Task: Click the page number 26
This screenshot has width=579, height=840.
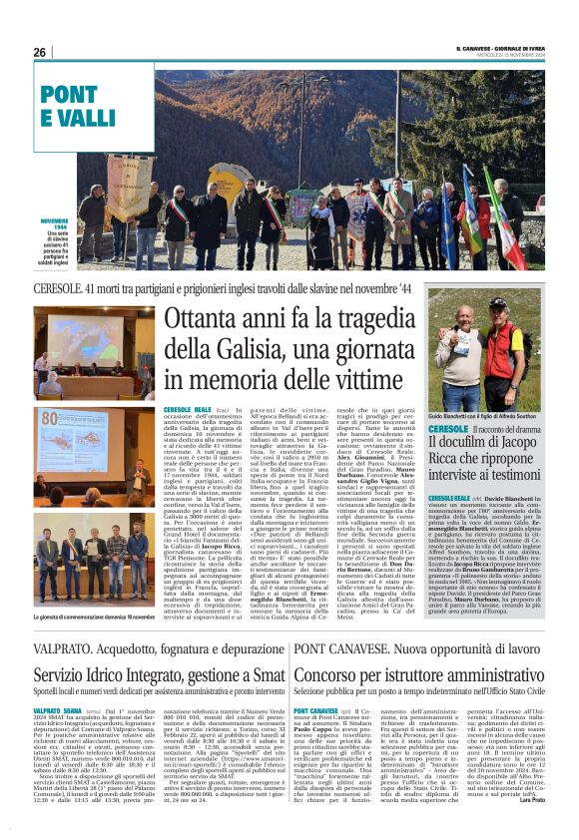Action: tap(40, 52)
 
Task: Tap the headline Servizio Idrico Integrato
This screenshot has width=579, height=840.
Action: tap(144, 646)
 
